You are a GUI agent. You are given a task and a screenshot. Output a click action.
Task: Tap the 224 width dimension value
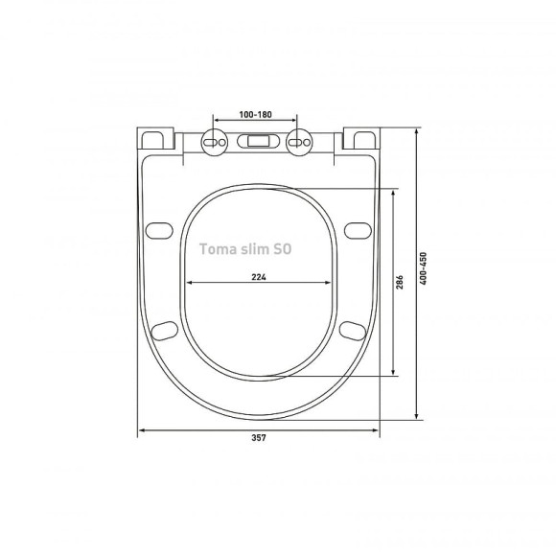(x=258, y=277)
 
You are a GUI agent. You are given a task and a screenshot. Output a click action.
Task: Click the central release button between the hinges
(x=258, y=141)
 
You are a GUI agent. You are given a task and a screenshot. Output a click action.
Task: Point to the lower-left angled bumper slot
(x=164, y=330)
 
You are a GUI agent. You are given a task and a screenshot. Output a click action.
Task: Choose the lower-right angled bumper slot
(x=352, y=330)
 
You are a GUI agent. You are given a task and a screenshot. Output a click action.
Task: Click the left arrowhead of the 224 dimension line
(x=188, y=284)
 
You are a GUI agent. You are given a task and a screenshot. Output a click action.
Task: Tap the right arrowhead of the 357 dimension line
(x=376, y=429)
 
